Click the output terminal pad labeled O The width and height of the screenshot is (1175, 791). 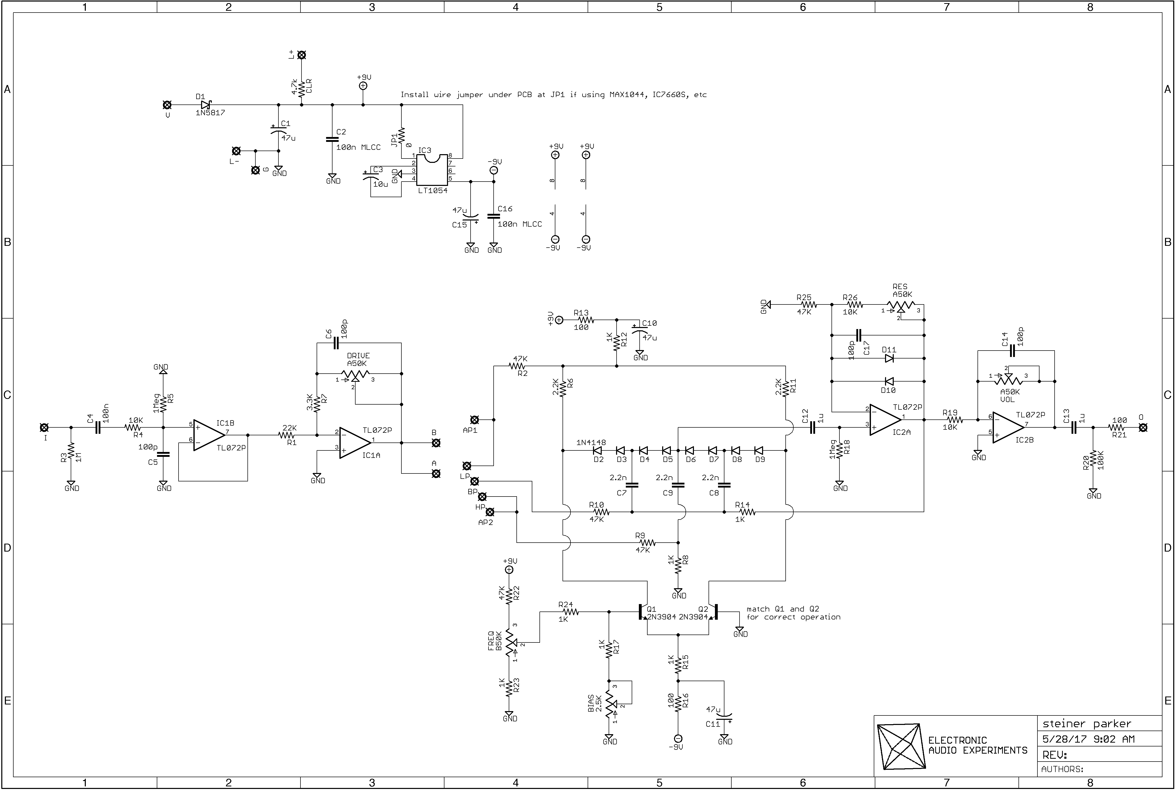[1143, 427]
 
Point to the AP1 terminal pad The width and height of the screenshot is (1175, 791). [474, 419]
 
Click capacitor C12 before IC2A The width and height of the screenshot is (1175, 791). [812, 427]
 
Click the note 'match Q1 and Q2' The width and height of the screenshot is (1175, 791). [783, 609]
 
